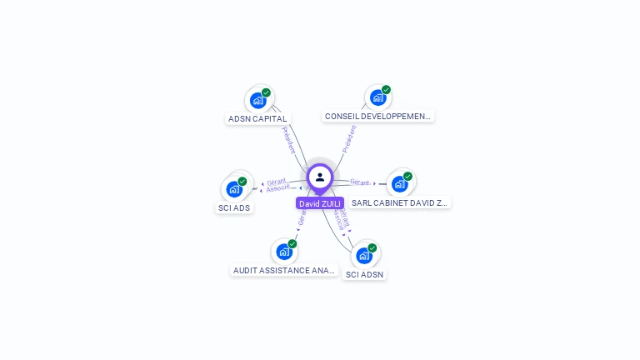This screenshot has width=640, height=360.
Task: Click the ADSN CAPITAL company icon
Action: tap(258, 101)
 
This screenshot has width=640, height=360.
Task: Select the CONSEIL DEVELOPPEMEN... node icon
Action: tap(378, 98)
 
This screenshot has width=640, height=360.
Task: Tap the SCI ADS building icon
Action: tap(234, 189)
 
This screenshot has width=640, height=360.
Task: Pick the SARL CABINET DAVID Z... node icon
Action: tap(400, 184)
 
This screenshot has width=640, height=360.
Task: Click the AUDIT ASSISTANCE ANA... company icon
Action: tap(284, 252)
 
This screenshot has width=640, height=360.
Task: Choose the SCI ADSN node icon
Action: tap(364, 255)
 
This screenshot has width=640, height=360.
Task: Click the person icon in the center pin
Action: tap(320, 177)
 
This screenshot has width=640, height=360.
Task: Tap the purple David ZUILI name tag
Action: tap(320, 203)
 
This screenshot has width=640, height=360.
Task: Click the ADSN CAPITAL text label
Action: tap(257, 119)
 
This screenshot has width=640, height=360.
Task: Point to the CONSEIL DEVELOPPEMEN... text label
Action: tap(378, 117)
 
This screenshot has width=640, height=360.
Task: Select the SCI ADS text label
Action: tap(234, 207)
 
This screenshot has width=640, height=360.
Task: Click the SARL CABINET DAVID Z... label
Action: tap(400, 202)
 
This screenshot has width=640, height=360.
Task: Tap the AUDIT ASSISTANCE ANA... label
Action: tap(284, 271)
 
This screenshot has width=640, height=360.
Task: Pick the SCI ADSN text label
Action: tap(365, 274)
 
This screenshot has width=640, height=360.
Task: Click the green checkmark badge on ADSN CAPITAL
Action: tap(266, 92)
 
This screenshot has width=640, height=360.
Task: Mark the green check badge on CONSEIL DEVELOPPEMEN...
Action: tap(386, 90)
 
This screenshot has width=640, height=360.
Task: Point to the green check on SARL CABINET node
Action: tap(407, 176)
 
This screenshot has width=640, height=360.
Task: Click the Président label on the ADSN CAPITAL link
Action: tap(288, 139)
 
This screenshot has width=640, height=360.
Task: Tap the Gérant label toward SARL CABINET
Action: tap(360, 182)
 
